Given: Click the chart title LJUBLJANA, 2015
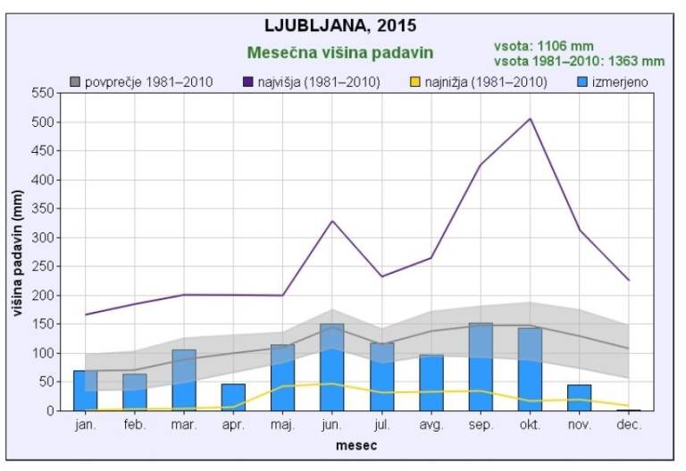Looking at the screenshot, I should pos(340,25).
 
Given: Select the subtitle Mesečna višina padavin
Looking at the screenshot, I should pos(340,52).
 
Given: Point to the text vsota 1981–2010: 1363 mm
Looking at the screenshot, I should pos(579,61).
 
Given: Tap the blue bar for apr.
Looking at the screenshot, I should pos(233,398).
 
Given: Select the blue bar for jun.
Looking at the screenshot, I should pos(331,367).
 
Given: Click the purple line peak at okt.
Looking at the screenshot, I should pos(530,119).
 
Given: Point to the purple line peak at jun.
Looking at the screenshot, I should pos(331,221).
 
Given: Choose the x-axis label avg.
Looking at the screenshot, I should pos(431,425).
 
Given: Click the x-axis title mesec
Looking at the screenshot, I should pos(356,444).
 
